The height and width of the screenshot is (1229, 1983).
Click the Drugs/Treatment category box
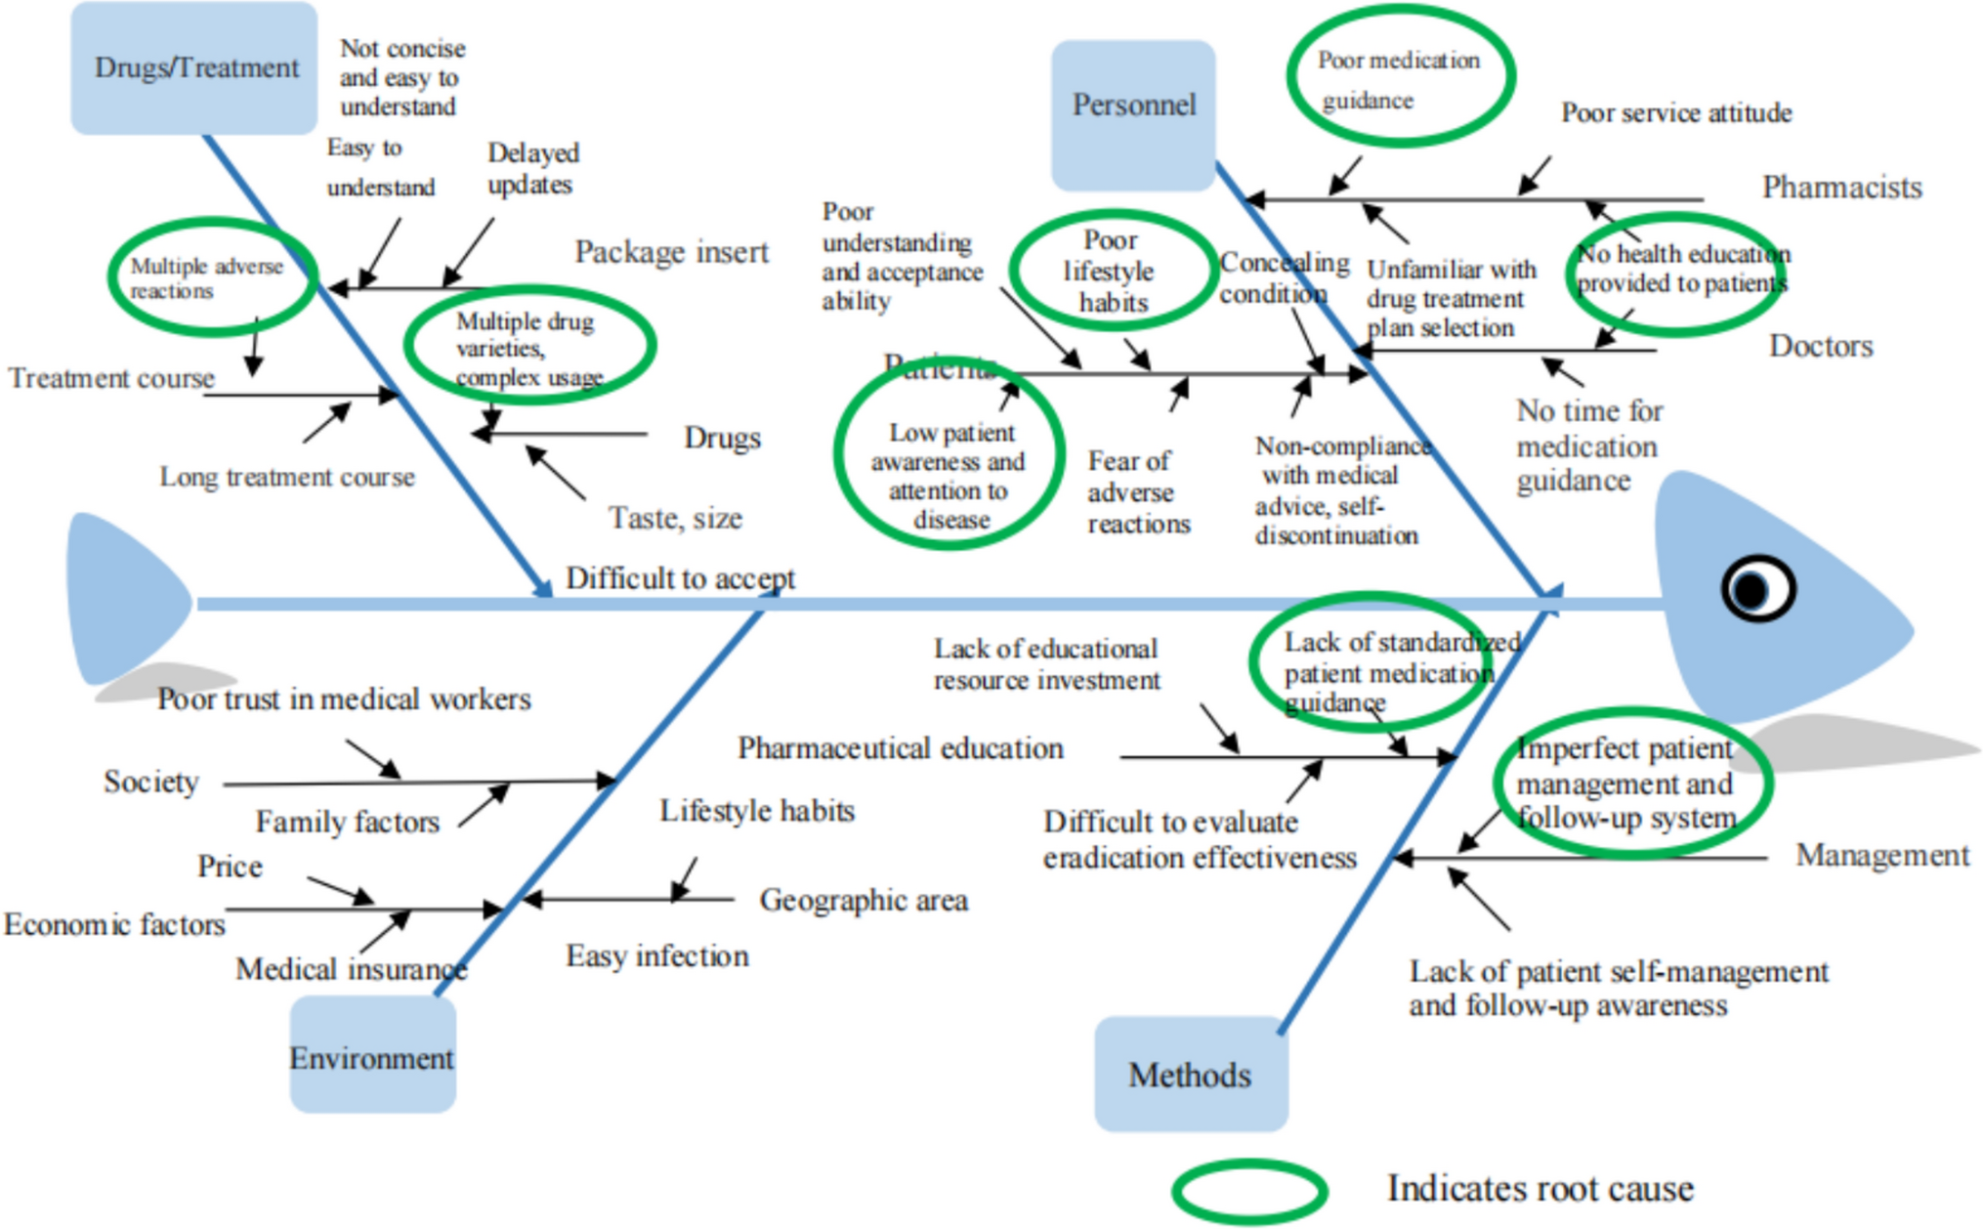tap(194, 67)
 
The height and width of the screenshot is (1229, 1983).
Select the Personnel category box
tap(1133, 113)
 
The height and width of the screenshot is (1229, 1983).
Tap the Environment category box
tap(372, 1055)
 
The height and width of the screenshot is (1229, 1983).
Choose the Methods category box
tap(1190, 1074)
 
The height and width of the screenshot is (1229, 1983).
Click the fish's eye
tap(1756, 589)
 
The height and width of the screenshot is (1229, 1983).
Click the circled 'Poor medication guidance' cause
tap(1399, 78)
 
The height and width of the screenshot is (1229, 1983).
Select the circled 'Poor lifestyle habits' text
tap(1111, 272)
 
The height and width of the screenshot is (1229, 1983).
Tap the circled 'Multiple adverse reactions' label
tap(207, 278)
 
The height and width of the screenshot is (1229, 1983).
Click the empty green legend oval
tap(1249, 1191)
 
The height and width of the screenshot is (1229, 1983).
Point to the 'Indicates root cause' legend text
tap(1540, 1188)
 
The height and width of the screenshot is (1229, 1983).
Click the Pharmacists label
tap(1840, 188)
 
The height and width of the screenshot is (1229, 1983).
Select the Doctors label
tap(1821, 346)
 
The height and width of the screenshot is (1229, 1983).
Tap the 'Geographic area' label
tap(864, 900)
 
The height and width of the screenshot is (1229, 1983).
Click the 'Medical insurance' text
tap(351, 968)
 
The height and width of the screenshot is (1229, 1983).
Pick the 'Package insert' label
tap(671, 252)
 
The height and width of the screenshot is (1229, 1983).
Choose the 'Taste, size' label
tap(675, 518)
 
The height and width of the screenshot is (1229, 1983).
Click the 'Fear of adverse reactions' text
tap(1138, 491)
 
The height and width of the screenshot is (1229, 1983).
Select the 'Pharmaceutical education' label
tap(900, 748)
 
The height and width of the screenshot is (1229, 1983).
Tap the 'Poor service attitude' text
tap(1675, 113)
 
